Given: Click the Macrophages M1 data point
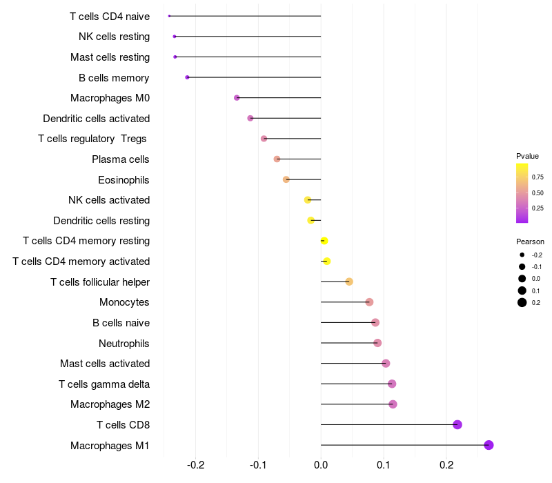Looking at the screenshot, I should tap(489, 445).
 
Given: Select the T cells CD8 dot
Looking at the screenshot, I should tap(457, 424).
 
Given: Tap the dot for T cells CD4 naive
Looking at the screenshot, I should tap(169, 16).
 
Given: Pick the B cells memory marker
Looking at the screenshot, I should tap(187, 77).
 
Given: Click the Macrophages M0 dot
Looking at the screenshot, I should tap(237, 98).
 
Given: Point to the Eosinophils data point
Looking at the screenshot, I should tap(286, 179).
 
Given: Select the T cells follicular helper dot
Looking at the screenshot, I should tap(349, 282).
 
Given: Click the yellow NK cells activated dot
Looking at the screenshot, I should tap(308, 200).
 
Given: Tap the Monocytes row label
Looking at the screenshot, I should tap(124, 302).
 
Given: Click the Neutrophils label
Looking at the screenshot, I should tap(124, 343).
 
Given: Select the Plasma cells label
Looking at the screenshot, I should tap(121, 159).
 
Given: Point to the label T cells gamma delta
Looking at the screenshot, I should tap(104, 384).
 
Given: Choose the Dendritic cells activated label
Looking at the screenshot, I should tap(97, 119).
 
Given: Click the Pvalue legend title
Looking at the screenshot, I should tap(527, 156).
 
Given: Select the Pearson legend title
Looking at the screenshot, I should tap(530, 241).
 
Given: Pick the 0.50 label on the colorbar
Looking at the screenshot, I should tap(538, 193).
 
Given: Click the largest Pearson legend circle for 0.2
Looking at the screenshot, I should tap(522, 302).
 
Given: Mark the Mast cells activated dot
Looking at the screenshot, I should tap(386, 364).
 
